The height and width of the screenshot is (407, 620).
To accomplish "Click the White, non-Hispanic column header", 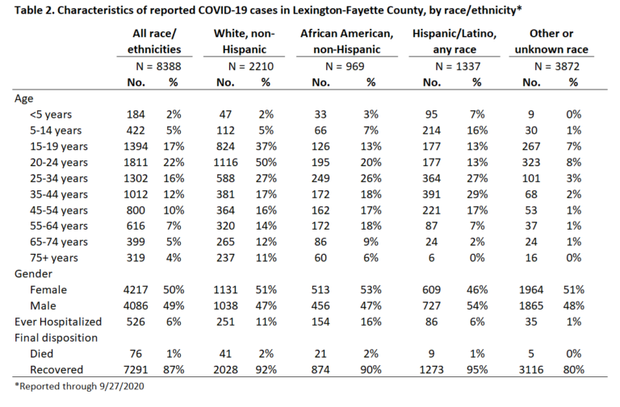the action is point(244,41).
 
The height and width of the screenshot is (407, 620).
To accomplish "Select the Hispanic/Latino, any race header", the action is point(455,41).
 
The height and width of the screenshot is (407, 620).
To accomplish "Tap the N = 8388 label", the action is point(158,66).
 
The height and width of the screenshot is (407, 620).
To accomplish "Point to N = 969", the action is point(345,66).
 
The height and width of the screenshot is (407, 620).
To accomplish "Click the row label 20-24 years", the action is point(58,163).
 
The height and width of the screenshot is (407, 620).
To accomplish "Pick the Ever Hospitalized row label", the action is point(58,322).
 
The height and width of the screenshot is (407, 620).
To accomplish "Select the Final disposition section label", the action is point(56,338).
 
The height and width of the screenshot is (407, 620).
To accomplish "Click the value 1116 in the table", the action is point(225,162).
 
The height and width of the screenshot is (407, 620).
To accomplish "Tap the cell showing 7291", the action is point(136,370).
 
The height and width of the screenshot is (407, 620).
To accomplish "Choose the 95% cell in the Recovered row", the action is point(477,370).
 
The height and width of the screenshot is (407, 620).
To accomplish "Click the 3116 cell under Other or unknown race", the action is point(531,370).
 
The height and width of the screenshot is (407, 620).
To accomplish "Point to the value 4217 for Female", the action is point(136,290).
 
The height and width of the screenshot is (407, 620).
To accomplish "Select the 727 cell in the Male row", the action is point(431,306).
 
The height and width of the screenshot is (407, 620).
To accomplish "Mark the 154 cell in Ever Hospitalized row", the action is point(320,322).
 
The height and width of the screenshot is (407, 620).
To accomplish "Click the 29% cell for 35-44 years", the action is point(477,194).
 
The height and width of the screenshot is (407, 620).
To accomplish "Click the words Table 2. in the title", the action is point(35,10).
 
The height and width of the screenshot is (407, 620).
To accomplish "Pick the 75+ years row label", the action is point(54,258).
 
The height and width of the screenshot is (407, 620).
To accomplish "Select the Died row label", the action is point(41,354).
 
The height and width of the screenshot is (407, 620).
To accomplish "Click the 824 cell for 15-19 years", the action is point(225,147).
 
